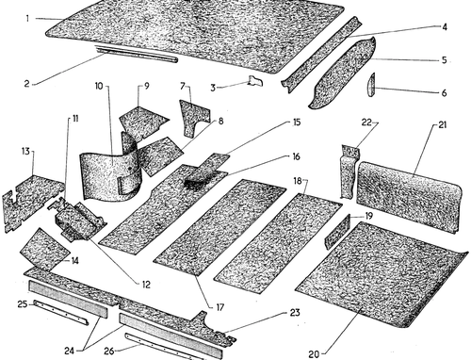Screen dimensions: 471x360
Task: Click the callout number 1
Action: point(27,19)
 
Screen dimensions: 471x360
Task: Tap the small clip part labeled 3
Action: point(256,81)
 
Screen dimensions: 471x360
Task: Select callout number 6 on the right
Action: point(444,93)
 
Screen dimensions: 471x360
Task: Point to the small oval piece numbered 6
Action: point(371,84)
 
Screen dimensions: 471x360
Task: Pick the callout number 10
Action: point(99,86)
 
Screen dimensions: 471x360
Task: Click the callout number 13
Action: point(25,152)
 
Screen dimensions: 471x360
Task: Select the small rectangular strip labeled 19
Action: point(337,232)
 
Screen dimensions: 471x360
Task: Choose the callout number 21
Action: point(442,125)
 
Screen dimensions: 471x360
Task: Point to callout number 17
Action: point(220,307)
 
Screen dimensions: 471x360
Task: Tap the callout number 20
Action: point(314,354)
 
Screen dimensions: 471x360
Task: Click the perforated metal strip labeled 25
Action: point(61,312)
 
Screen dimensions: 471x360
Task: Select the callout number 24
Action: point(69,351)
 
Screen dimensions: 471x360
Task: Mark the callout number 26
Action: point(108,351)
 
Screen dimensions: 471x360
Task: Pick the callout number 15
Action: point(297,123)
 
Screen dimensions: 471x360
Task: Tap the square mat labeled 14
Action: point(45,250)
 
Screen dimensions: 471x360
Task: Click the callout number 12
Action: point(146,285)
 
